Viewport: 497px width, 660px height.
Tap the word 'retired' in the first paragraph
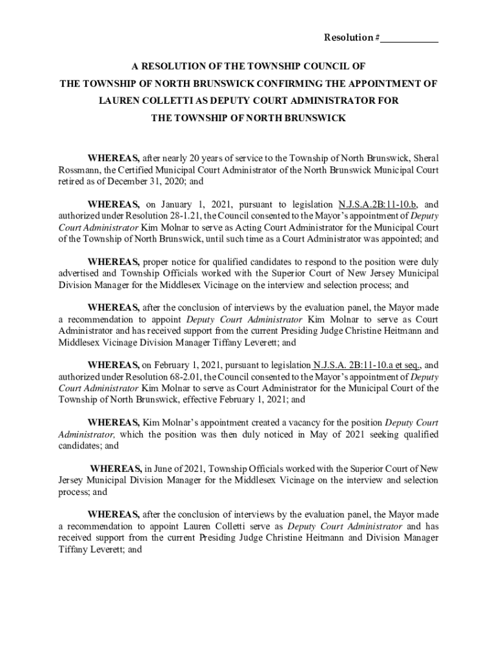click(x=71, y=182)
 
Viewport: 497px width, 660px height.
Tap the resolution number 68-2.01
click(x=189, y=376)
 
